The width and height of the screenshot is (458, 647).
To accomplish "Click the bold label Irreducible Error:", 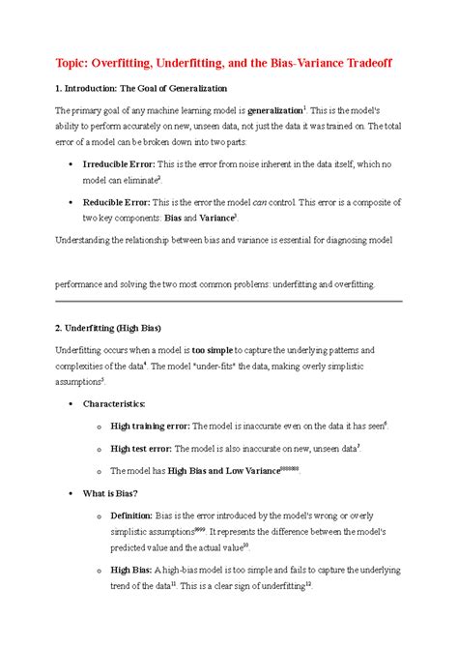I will coord(129,165).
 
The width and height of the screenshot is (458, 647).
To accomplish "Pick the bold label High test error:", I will coord(142,448).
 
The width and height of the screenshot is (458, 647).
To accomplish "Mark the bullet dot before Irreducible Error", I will coord(74,165).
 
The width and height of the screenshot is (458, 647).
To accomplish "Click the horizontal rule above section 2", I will coord(228,302).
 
